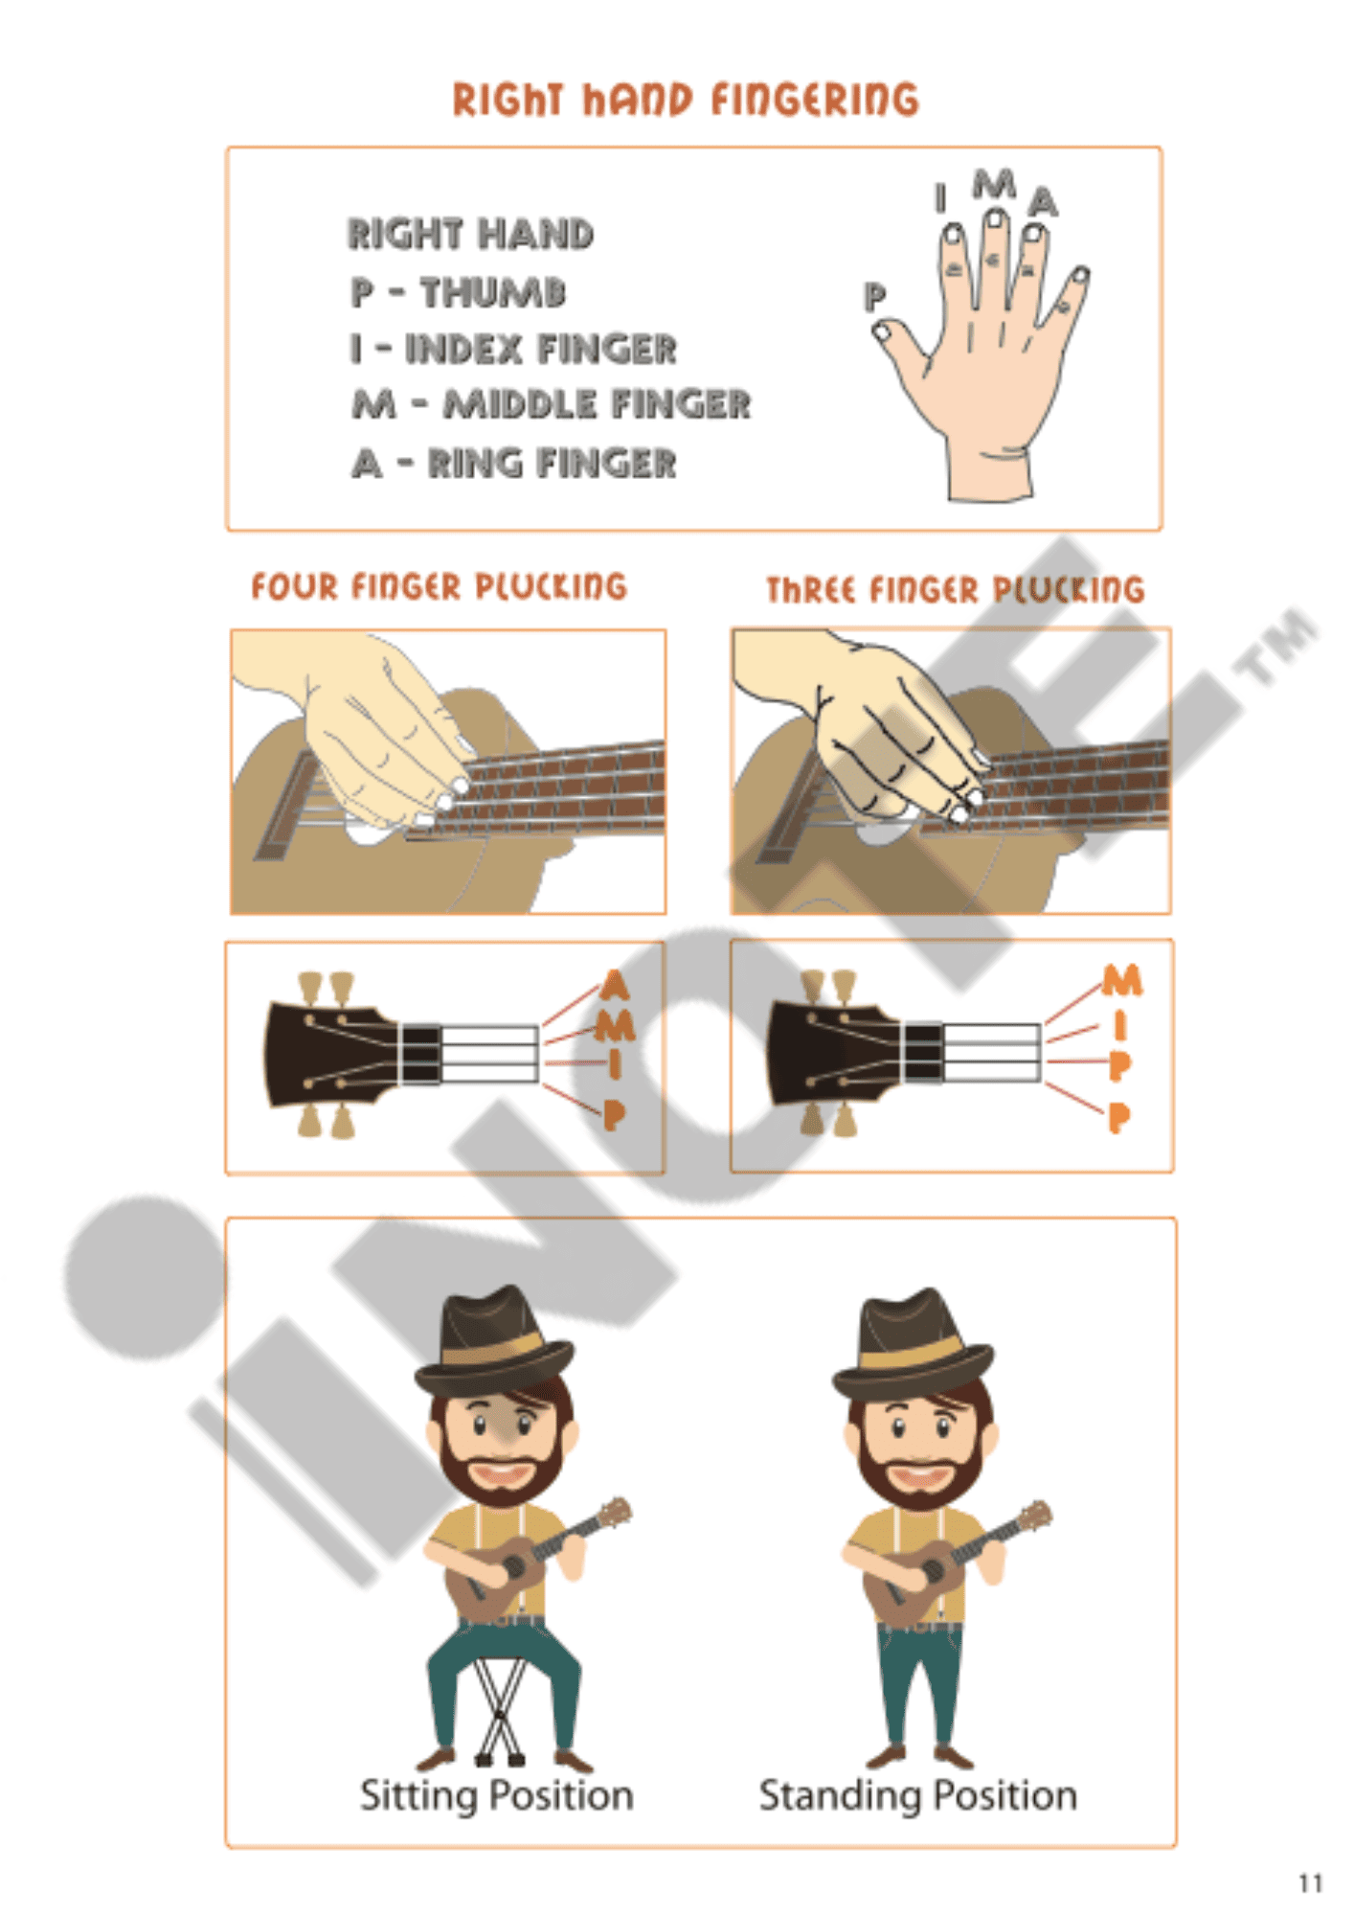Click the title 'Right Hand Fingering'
(685, 100)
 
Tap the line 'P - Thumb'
(458, 292)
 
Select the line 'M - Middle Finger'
(551, 404)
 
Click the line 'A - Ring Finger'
(514, 464)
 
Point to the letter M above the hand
(994, 183)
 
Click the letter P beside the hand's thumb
(873, 296)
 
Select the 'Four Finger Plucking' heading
(439, 586)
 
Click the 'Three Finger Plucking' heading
(955, 589)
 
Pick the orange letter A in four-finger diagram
(615, 985)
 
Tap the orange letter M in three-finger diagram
(1121, 980)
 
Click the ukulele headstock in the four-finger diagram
(326, 1054)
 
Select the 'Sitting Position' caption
(496, 1795)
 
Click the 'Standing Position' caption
(917, 1795)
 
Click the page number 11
(1310, 1883)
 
